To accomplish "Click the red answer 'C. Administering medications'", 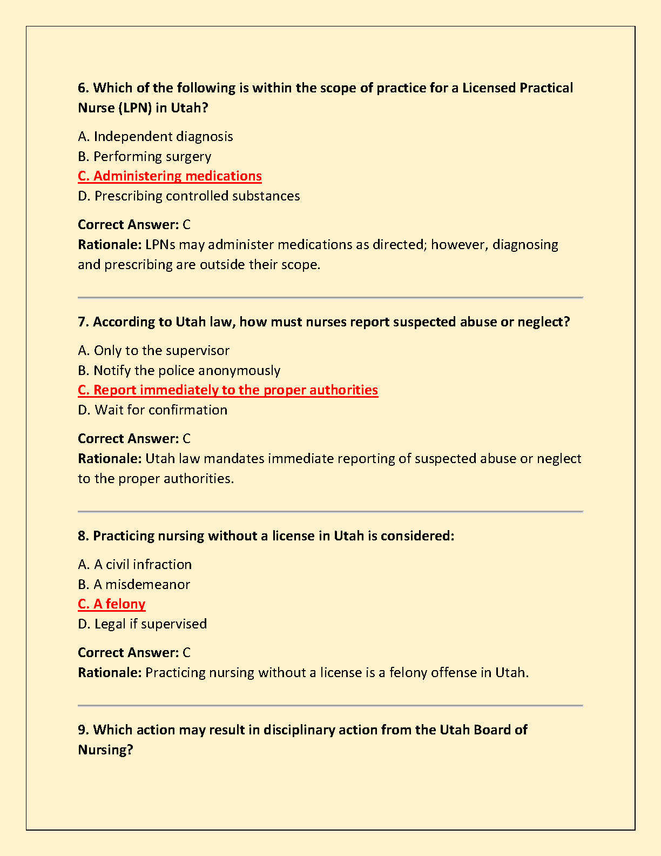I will (170, 176).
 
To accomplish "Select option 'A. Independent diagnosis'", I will (156, 137).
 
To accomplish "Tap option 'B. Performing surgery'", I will (144, 157).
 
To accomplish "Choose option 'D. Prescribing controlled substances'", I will (188, 196).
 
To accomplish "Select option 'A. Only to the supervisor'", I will (153, 351).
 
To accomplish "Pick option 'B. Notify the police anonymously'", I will (179, 371).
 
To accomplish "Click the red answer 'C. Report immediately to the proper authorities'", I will (228, 390).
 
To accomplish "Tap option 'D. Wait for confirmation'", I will (152, 410).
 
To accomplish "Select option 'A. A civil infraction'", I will (134, 565).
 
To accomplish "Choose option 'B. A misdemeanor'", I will (134, 585).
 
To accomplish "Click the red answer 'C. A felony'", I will (112, 604).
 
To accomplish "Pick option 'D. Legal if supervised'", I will (142, 624).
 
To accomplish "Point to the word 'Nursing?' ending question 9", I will (105, 750).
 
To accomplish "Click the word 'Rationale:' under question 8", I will (110, 673).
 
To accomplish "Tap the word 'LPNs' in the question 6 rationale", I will (160, 245).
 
